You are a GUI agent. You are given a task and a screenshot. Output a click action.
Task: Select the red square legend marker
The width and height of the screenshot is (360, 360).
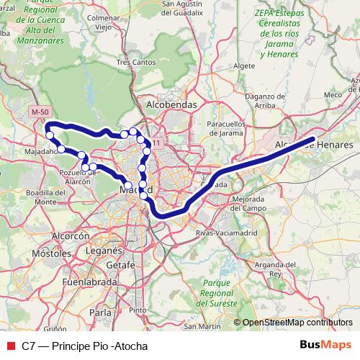(x=10, y=346)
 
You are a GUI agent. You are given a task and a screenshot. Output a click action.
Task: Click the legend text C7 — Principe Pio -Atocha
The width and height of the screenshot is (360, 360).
(x=84, y=346)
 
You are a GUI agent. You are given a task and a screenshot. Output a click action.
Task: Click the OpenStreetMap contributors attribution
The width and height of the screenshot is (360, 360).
(x=297, y=323)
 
